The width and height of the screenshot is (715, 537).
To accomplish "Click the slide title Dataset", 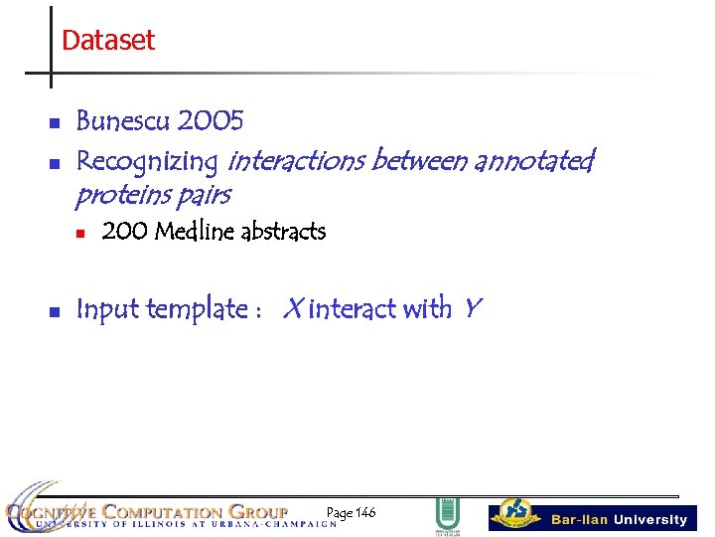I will tap(108, 41).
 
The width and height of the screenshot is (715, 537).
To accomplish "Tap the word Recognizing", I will tap(147, 161).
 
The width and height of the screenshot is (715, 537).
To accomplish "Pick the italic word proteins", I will tap(124, 194).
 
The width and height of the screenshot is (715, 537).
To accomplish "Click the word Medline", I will tap(195, 232).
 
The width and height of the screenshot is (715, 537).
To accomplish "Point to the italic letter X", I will tap(292, 309).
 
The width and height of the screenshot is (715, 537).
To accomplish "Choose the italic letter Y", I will tap(471, 309).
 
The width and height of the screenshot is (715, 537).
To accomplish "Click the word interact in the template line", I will tap(352, 309).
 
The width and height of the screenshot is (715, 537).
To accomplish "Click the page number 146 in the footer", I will tap(363, 512).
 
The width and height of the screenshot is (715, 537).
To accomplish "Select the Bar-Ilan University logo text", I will tap(619, 519).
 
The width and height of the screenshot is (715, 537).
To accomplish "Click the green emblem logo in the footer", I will tap(447, 515).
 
